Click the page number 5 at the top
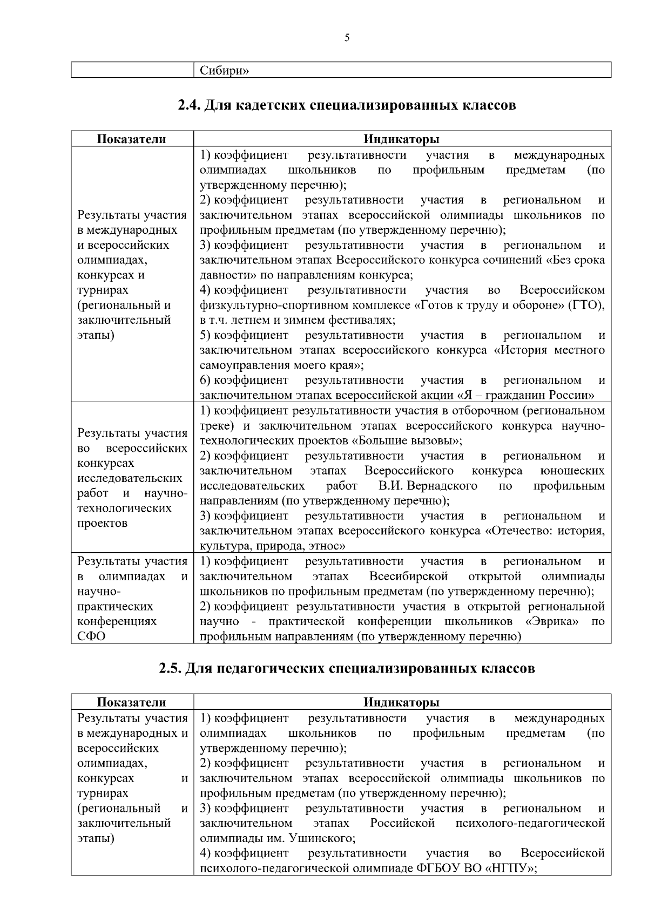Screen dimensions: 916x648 pyautogui.click(x=347, y=38)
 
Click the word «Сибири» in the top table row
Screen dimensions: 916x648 pyautogui.click(x=224, y=71)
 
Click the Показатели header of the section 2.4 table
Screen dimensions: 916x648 pyautogui.click(x=132, y=139)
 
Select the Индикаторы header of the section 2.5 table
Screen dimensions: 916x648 pyautogui.click(x=401, y=702)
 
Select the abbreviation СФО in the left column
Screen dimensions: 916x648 pyautogui.click(x=91, y=636)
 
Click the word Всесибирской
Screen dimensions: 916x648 pyautogui.click(x=409, y=576)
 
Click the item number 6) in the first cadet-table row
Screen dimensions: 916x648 pyautogui.click(x=205, y=380)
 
